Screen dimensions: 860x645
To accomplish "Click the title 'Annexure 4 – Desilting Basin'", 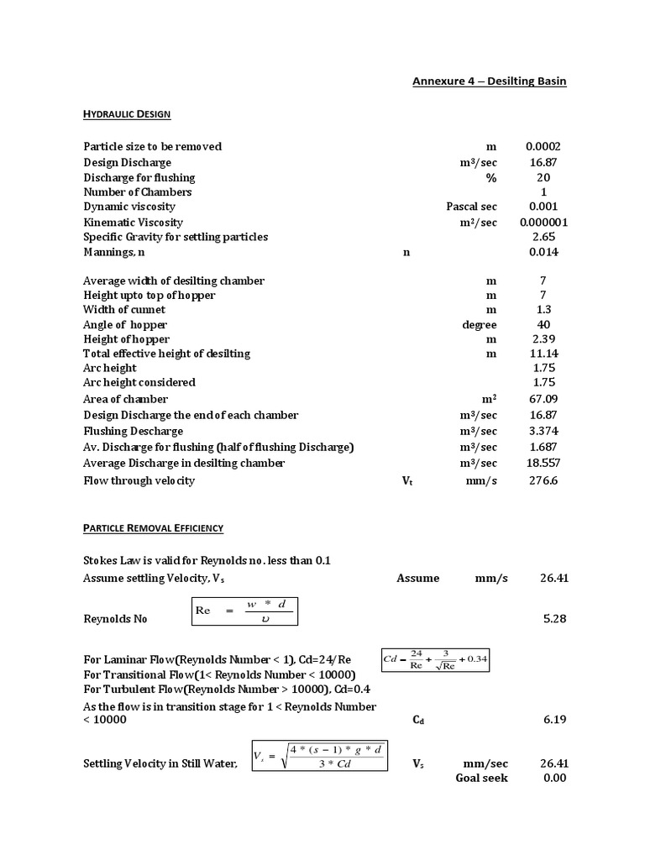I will tap(489, 81).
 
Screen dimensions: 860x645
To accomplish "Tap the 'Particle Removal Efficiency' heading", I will tap(153, 528).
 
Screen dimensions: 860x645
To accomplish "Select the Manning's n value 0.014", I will tap(543, 252).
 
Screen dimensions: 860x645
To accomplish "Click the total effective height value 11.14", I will tap(543, 354).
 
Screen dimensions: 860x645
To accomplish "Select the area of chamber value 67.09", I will tap(543, 399).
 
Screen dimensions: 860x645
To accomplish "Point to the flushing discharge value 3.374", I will tap(543, 431).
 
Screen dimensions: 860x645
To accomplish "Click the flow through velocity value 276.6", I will tap(543, 481).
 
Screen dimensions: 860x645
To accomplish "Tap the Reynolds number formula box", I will tap(244, 611).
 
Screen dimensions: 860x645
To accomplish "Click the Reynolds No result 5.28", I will tap(556, 619).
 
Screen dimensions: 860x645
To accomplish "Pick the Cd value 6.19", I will tap(556, 720).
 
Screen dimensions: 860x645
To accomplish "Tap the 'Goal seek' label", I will tap(481, 778).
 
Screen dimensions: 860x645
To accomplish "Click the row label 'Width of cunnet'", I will tap(124, 310).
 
